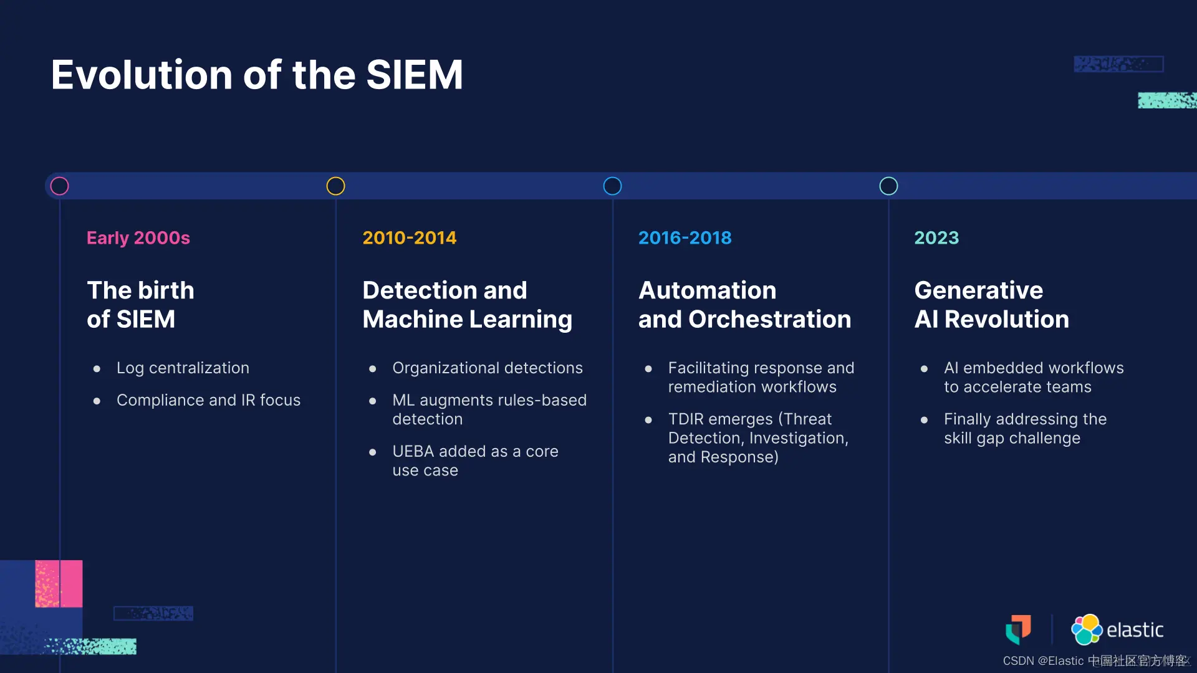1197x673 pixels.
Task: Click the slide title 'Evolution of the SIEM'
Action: tap(257, 75)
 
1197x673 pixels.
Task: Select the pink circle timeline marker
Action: tap(59, 178)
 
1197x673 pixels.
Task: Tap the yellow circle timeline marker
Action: tap(335, 178)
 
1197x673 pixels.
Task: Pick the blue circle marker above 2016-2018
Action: tap(612, 178)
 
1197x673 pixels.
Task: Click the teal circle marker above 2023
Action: tap(888, 178)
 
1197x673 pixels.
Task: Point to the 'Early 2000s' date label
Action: tap(138, 237)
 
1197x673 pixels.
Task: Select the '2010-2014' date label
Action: tap(410, 237)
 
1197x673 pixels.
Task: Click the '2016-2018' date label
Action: tap(685, 237)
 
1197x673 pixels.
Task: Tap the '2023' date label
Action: tap(936, 237)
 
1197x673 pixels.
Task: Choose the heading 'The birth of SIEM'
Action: tap(140, 305)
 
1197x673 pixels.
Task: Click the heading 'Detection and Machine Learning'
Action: tap(468, 305)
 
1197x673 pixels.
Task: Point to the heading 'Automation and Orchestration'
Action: tap(744, 305)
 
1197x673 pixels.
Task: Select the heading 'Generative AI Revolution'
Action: tap(991, 305)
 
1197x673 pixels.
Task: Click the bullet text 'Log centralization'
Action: tap(183, 368)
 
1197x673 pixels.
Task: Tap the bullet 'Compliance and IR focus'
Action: tap(208, 400)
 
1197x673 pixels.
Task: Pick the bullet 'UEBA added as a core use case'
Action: tap(475, 461)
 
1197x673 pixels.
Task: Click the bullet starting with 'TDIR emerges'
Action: tap(758, 438)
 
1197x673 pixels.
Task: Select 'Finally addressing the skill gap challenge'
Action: tap(1025, 429)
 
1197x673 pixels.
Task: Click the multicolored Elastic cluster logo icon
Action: tap(1087, 629)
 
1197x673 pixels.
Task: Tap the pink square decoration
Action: tap(59, 583)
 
